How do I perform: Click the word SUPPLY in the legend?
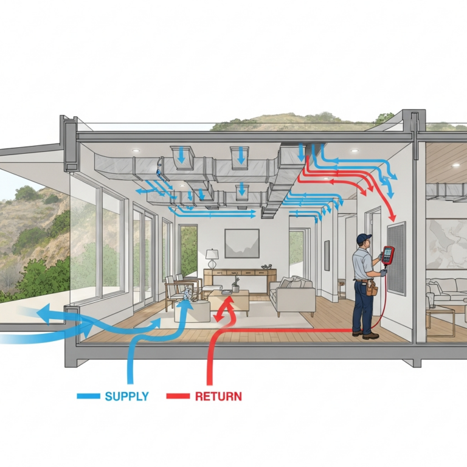126,396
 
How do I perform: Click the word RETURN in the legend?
218,396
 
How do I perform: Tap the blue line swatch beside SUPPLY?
88,396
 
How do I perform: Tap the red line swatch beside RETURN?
178,396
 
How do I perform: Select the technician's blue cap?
364,238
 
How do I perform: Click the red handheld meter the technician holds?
388,255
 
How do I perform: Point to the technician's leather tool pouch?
372,287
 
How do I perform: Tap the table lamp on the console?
212,259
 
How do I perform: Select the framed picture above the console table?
242,243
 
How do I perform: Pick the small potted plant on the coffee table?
235,285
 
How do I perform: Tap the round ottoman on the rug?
192,311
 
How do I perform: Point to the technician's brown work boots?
366,335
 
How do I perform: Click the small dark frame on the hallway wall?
327,255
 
